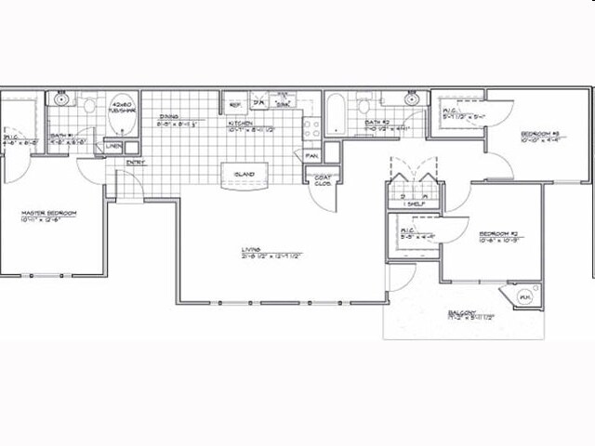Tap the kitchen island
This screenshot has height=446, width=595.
click(244, 174)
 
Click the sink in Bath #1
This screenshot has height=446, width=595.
click(60, 98)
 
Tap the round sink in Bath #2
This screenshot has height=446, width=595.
click(410, 99)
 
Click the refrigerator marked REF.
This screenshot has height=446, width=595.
click(235, 105)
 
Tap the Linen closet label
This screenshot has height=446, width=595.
click(113, 147)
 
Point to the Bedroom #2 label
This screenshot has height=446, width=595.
click(497, 233)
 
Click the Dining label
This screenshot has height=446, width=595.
click(168, 117)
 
